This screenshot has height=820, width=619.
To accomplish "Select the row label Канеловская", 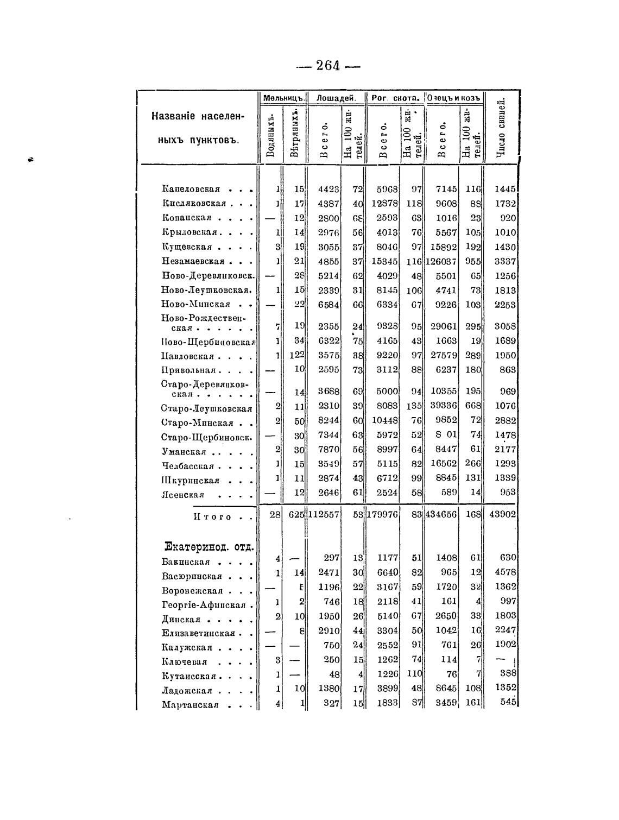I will [x=191, y=190].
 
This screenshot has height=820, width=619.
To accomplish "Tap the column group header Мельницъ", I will [x=282, y=98].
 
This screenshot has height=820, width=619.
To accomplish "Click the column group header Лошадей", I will [x=336, y=98].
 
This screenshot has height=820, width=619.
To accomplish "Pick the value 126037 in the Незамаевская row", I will [x=441, y=262].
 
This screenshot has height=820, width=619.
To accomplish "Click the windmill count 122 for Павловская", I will [x=296, y=355].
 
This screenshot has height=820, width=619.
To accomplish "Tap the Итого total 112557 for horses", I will [x=324, y=514].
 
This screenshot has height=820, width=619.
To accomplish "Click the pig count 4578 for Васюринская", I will [x=505, y=572].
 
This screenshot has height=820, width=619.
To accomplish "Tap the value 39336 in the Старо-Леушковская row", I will [x=442, y=406].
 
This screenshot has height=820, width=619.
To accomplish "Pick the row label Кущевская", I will [x=186, y=247].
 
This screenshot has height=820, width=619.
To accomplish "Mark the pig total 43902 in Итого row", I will [x=503, y=514].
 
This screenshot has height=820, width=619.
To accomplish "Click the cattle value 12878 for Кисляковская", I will [x=384, y=204].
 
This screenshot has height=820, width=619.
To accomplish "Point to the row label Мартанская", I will [x=190, y=705].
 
